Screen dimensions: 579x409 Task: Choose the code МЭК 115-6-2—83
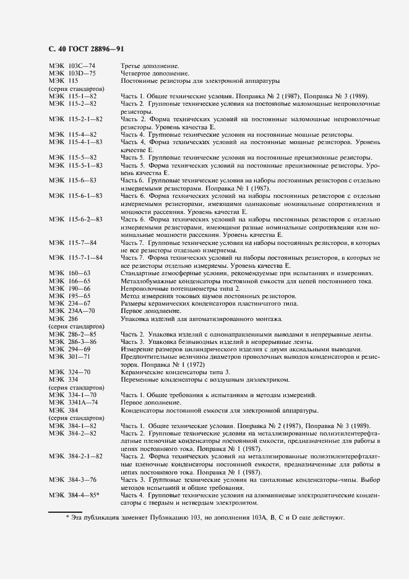pos(75,220)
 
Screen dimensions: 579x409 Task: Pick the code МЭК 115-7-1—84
pos(75,257)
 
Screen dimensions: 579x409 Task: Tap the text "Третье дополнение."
pos(150,66)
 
